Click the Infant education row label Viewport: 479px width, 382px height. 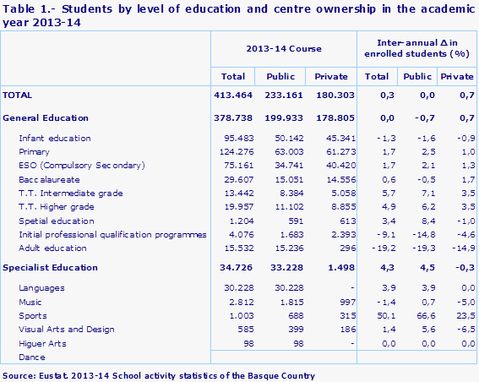coord(54,138)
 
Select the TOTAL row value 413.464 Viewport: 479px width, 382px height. coord(231,95)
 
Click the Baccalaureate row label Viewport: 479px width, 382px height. coord(48,179)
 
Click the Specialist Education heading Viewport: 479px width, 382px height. coord(51,268)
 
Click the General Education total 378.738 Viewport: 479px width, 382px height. coord(231,117)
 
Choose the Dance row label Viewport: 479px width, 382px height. coord(31,357)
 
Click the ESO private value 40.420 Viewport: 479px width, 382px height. coord(331,165)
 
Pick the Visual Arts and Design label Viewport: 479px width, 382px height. coord(66,329)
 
